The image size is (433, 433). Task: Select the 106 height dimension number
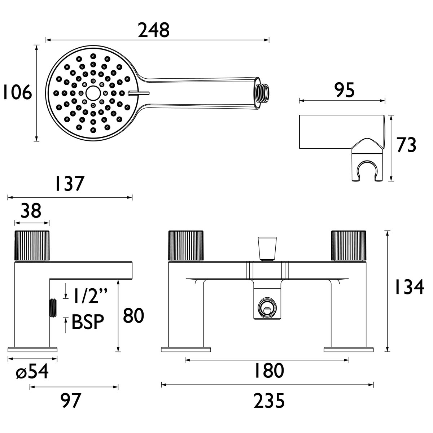pyautogui.click(x=17, y=93)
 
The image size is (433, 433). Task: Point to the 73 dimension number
pyautogui.click(x=406, y=145)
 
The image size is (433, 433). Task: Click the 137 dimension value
pyautogui.click(x=69, y=184)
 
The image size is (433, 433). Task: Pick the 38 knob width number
pyautogui.click(x=31, y=211)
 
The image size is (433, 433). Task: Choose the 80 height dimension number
pyautogui.click(x=134, y=316)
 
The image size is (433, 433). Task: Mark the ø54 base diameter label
pyautogui.click(x=32, y=372)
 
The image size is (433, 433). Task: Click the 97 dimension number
pyautogui.click(x=71, y=401)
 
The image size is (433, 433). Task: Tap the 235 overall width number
pyautogui.click(x=269, y=401)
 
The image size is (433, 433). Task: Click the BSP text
pyautogui.click(x=88, y=322)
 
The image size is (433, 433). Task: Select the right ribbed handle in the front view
pyautogui.click(x=349, y=245)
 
